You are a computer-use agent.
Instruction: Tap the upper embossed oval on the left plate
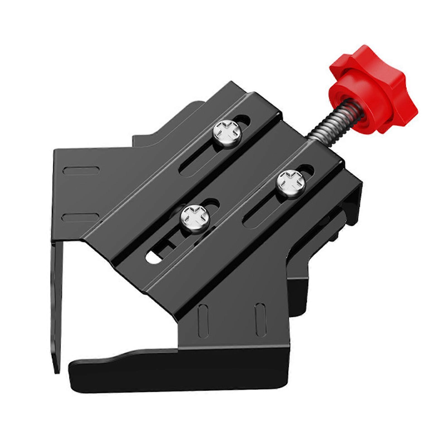[x=81, y=171]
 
